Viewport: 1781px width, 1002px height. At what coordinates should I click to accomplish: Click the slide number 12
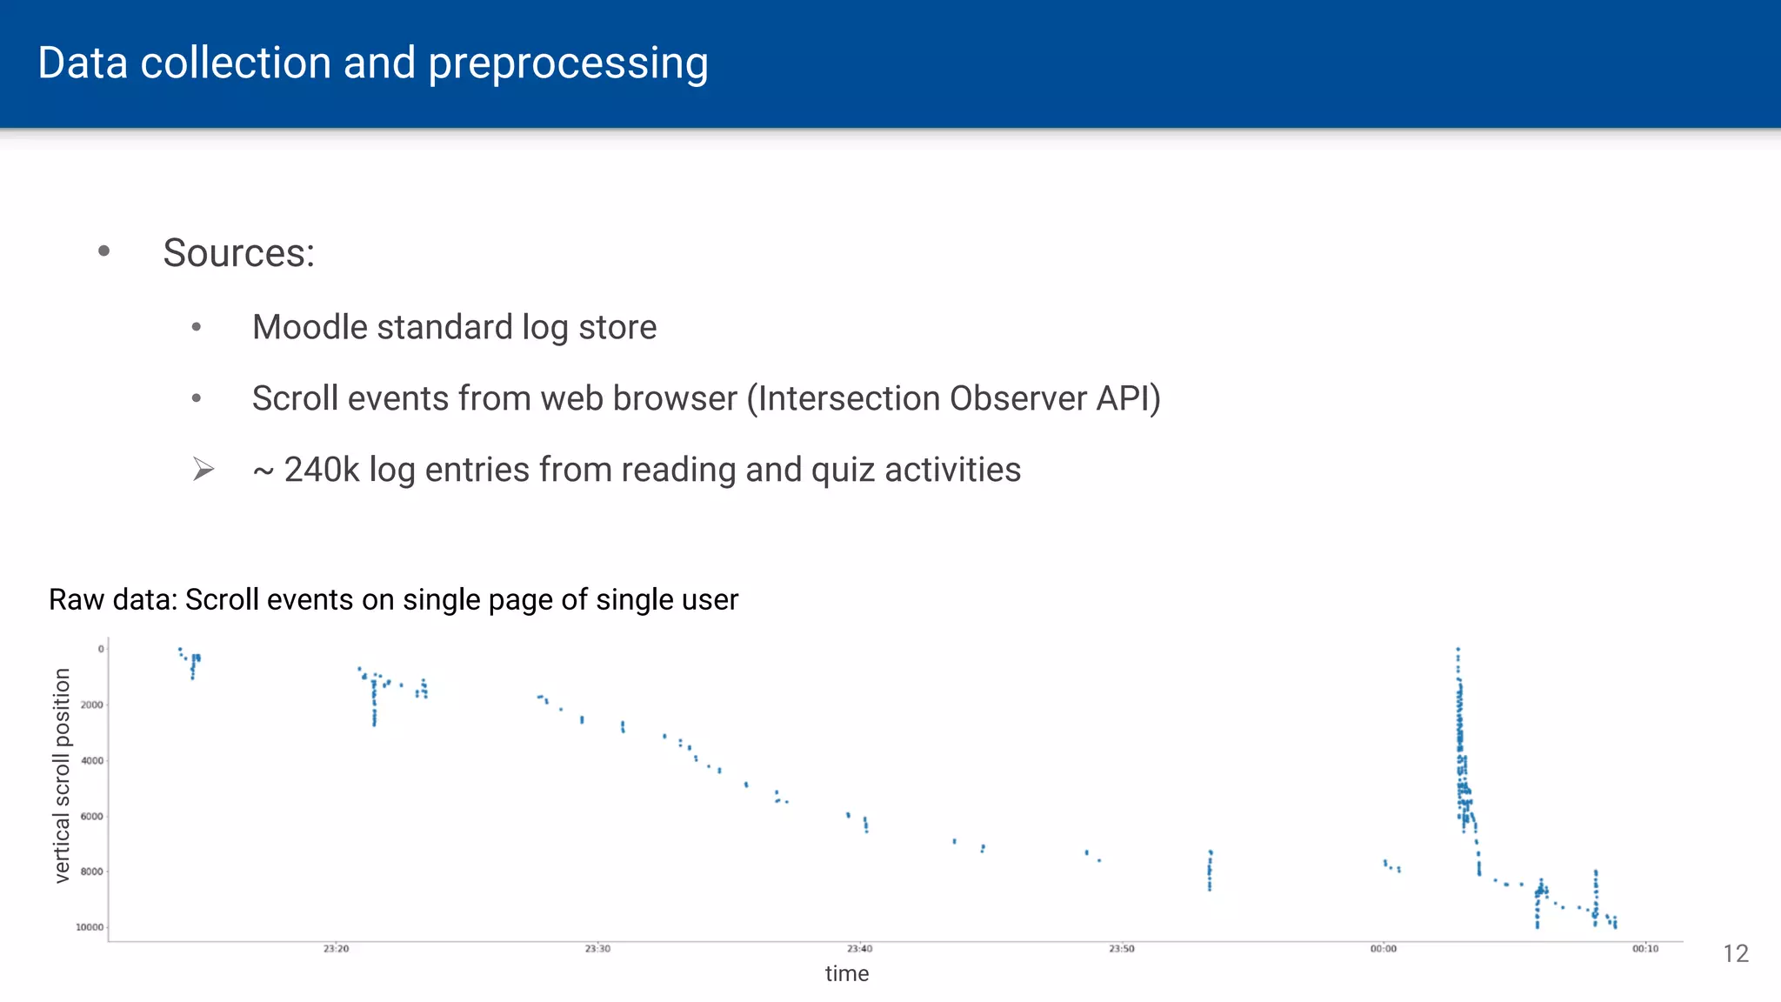pyautogui.click(x=1735, y=954)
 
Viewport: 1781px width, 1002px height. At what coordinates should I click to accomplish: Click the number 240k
pyautogui.click(x=321, y=470)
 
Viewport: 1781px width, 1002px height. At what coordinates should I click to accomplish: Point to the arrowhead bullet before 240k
pyautogui.click(x=203, y=470)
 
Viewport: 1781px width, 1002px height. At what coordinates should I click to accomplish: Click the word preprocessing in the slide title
pyautogui.click(x=568, y=63)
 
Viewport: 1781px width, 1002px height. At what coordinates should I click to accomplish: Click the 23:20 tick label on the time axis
pyautogui.click(x=336, y=949)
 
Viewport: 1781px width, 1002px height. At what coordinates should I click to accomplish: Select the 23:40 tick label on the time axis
pyautogui.click(x=859, y=949)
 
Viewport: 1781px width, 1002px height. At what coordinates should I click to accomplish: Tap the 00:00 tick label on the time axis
pyautogui.click(x=1383, y=949)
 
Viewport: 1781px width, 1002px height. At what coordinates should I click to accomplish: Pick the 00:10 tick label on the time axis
pyautogui.click(x=1644, y=949)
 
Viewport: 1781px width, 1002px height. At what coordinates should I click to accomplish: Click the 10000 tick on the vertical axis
pyautogui.click(x=90, y=927)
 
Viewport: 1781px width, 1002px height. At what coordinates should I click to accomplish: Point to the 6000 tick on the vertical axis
pyautogui.click(x=92, y=816)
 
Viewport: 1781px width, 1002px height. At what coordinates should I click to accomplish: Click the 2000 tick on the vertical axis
pyautogui.click(x=92, y=705)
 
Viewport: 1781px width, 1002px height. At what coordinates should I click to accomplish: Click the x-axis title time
pyautogui.click(x=846, y=974)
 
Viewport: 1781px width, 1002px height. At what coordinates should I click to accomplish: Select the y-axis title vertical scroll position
pyautogui.click(x=61, y=775)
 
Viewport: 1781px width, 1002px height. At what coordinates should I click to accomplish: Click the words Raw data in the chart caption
pyautogui.click(x=112, y=600)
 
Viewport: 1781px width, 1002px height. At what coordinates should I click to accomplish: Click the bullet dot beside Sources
pyautogui.click(x=104, y=251)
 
